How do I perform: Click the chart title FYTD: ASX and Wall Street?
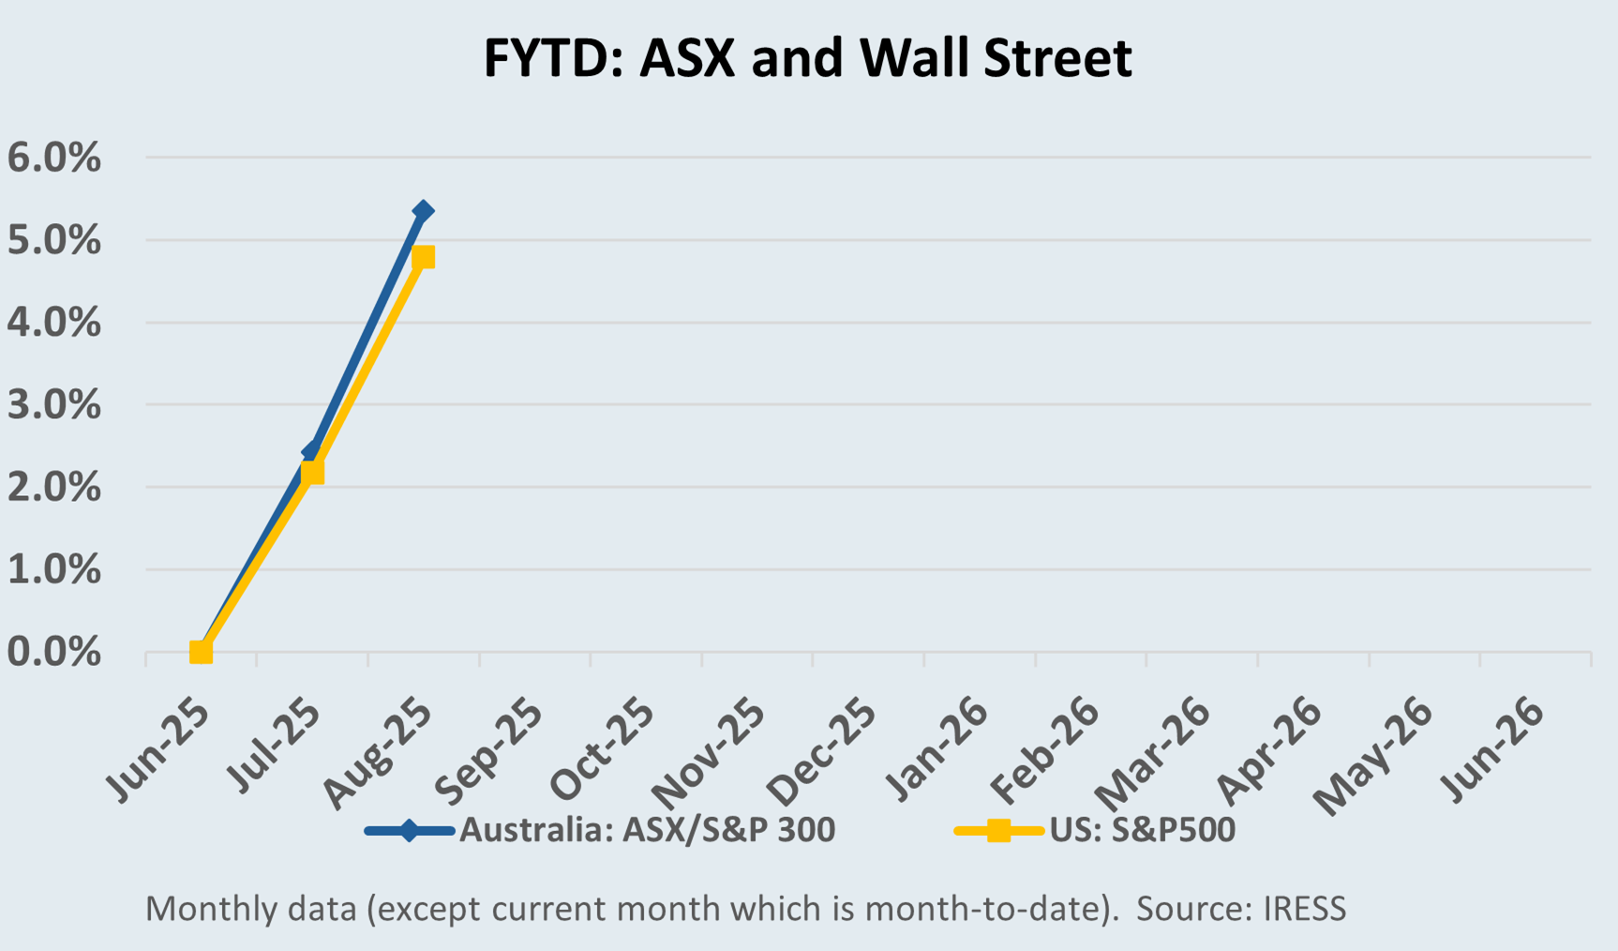point(807,58)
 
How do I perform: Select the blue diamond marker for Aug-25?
point(423,211)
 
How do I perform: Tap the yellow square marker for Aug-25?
point(423,257)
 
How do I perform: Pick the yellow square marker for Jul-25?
point(312,473)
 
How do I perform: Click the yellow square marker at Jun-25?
point(201,652)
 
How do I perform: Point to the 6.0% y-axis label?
point(53,158)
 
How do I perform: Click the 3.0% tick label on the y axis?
point(53,405)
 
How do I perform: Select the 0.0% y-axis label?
point(53,653)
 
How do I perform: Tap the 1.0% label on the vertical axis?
point(53,570)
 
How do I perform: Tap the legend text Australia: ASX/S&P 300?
point(647,830)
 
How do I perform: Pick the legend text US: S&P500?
point(1142,830)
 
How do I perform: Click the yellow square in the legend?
point(998,831)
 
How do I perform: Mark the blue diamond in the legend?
point(409,831)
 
